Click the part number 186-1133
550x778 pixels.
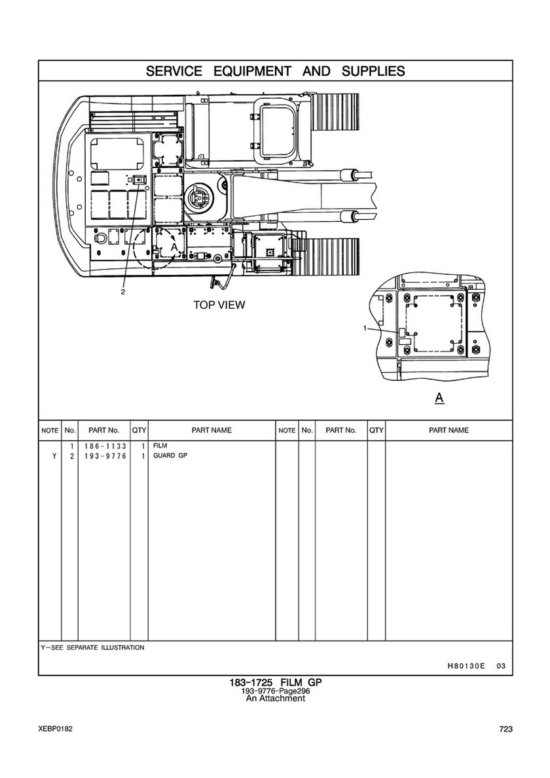[x=105, y=446]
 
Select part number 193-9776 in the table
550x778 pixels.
[x=105, y=456]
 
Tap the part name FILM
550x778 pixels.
[x=160, y=446]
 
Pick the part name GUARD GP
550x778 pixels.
[x=170, y=455]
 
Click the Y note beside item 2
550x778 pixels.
[x=54, y=456]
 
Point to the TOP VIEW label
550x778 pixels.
[x=219, y=305]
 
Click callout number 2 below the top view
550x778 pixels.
[x=123, y=292]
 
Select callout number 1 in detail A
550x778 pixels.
[x=365, y=328]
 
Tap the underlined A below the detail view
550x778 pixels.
[x=439, y=397]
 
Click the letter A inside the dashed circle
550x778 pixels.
[x=174, y=247]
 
